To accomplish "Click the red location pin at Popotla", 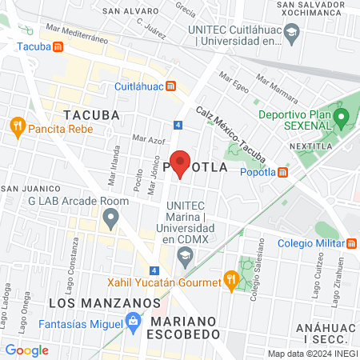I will point(180,162).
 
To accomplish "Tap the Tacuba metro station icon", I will point(58,46).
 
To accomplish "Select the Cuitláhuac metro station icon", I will point(170,86).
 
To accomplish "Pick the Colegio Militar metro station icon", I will point(352,243).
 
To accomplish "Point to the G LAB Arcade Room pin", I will point(111,216).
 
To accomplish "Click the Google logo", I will point(26,350).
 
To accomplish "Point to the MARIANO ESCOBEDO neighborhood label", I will point(190,327).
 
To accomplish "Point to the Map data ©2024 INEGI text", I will point(311,354).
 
